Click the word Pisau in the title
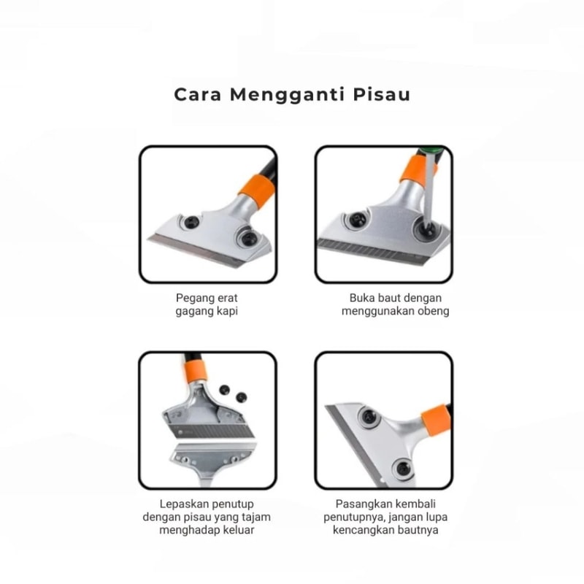[382, 94]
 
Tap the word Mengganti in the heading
[287, 96]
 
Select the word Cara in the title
[198, 95]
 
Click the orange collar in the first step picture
[258, 191]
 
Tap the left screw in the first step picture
[191, 222]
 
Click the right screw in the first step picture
[247, 237]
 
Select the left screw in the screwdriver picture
[357, 220]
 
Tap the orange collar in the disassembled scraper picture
[195, 371]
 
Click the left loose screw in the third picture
[224, 390]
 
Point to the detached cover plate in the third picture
[213, 460]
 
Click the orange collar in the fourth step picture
[436, 420]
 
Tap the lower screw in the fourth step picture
[403, 468]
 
